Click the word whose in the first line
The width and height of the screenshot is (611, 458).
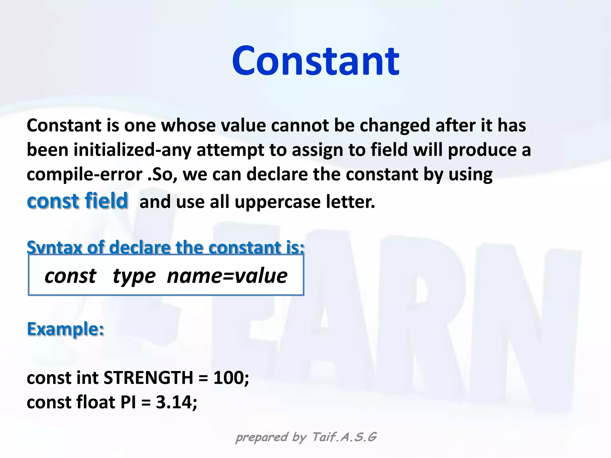(188, 125)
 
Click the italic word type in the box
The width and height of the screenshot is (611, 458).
(134, 276)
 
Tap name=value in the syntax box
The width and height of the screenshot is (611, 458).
(227, 276)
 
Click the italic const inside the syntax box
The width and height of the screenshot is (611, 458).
(70, 276)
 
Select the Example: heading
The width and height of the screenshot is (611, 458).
(65, 329)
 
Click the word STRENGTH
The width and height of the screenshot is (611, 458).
(148, 378)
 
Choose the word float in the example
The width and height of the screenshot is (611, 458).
(95, 402)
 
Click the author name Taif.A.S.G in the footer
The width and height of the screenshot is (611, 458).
(344, 437)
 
